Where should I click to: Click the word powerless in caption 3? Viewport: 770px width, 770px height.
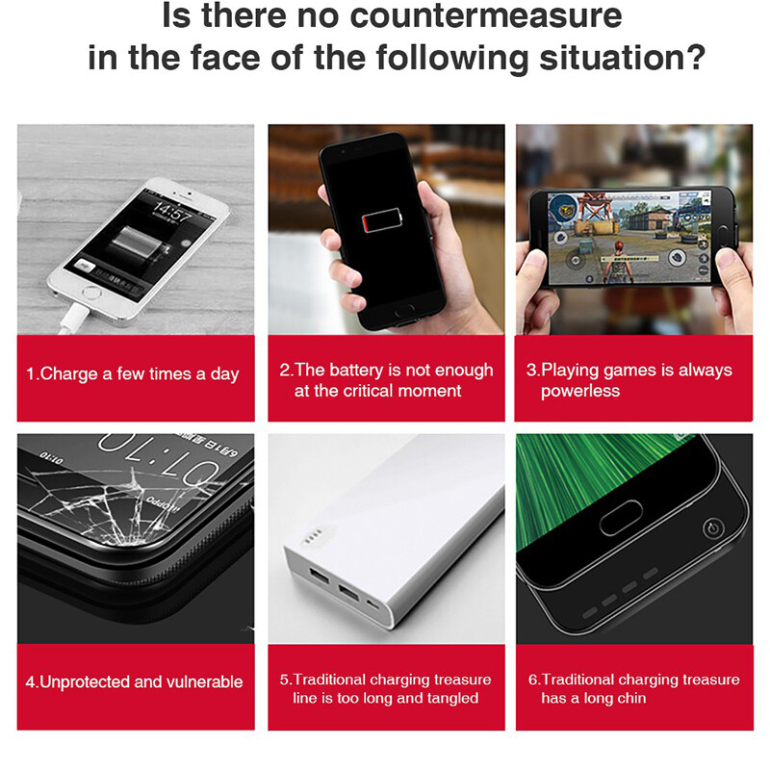579,391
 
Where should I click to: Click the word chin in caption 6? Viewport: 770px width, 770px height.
631,698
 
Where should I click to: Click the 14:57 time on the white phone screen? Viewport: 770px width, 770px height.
170,213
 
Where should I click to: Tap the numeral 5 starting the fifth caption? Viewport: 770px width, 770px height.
283,680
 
